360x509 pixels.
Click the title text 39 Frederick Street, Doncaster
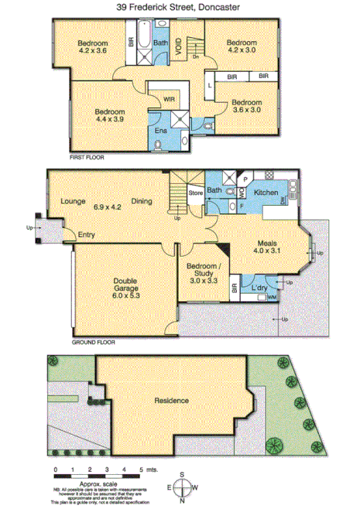tap(180, 7)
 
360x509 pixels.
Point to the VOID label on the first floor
tap(180, 46)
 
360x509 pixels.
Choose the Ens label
tap(161, 131)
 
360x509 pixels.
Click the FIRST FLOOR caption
tap(87, 157)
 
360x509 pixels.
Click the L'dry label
tap(259, 289)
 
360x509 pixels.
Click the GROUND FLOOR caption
tap(94, 341)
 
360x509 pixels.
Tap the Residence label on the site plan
tap(171, 401)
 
